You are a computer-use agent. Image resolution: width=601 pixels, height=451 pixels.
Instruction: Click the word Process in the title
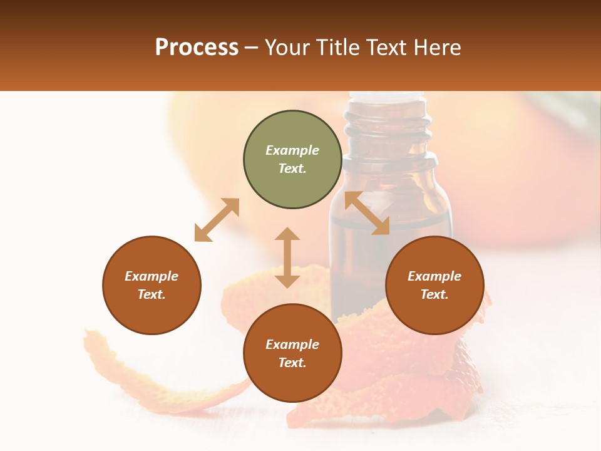[x=197, y=48]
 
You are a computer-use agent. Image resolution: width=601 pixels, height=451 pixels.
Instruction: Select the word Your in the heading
[x=287, y=48]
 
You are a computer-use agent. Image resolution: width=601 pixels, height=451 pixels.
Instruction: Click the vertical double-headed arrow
[x=287, y=257]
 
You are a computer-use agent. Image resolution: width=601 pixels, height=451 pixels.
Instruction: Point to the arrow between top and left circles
[x=217, y=220]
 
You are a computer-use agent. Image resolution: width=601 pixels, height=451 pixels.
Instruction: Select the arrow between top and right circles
[x=367, y=213]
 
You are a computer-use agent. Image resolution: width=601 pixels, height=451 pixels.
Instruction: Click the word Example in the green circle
[x=292, y=150]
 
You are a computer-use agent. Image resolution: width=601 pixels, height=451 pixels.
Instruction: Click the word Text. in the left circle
[x=152, y=294]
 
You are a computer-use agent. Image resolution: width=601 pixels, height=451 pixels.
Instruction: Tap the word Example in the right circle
[x=434, y=276]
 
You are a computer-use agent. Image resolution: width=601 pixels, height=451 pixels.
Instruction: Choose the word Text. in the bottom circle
[x=292, y=363]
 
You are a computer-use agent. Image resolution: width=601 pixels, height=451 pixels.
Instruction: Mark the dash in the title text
[x=251, y=48]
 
